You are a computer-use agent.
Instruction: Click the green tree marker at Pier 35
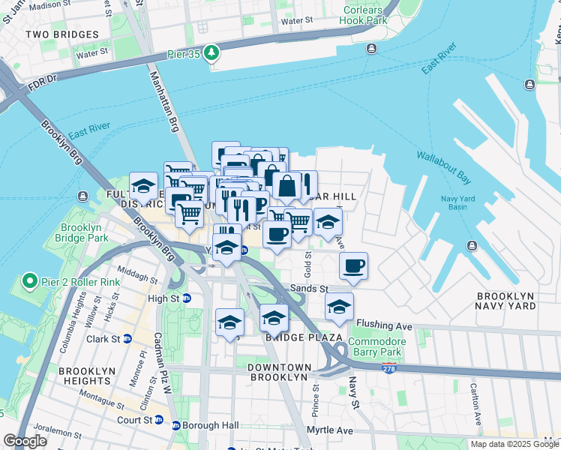213,52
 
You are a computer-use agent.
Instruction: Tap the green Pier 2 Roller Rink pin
30,281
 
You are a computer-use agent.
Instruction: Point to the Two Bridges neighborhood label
61,34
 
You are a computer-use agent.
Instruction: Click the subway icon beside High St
187,298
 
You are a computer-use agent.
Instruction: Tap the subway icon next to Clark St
127,338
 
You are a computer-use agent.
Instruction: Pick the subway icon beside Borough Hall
176,425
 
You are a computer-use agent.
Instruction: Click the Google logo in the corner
25,441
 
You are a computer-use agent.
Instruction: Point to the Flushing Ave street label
384,326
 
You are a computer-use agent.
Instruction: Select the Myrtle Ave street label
333,431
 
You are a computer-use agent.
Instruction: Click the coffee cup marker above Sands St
353,265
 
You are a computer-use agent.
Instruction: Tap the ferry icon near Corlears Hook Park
371,49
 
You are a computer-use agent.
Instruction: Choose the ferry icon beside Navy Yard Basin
472,246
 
